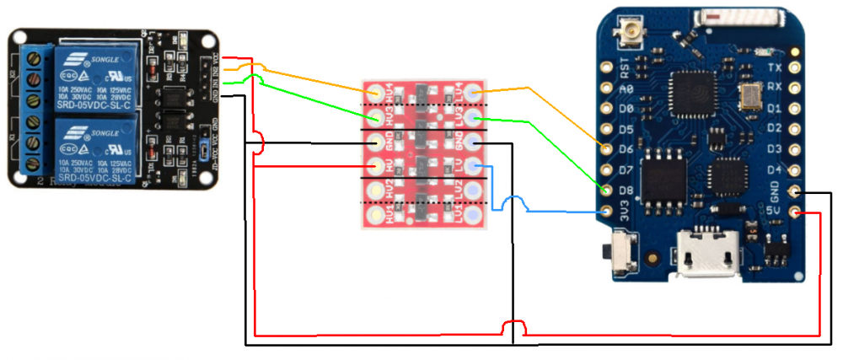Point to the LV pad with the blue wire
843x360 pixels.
pyautogui.click(x=474, y=166)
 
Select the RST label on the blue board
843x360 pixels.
pyautogui.click(x=625, y=64)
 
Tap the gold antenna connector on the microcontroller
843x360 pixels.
pyautogui.click(x=630, y=35)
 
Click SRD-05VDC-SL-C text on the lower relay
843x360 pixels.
pyautogui.click(x=95, y=179)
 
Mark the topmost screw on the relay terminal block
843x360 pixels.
pyautogui.click(x=35, y=59)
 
